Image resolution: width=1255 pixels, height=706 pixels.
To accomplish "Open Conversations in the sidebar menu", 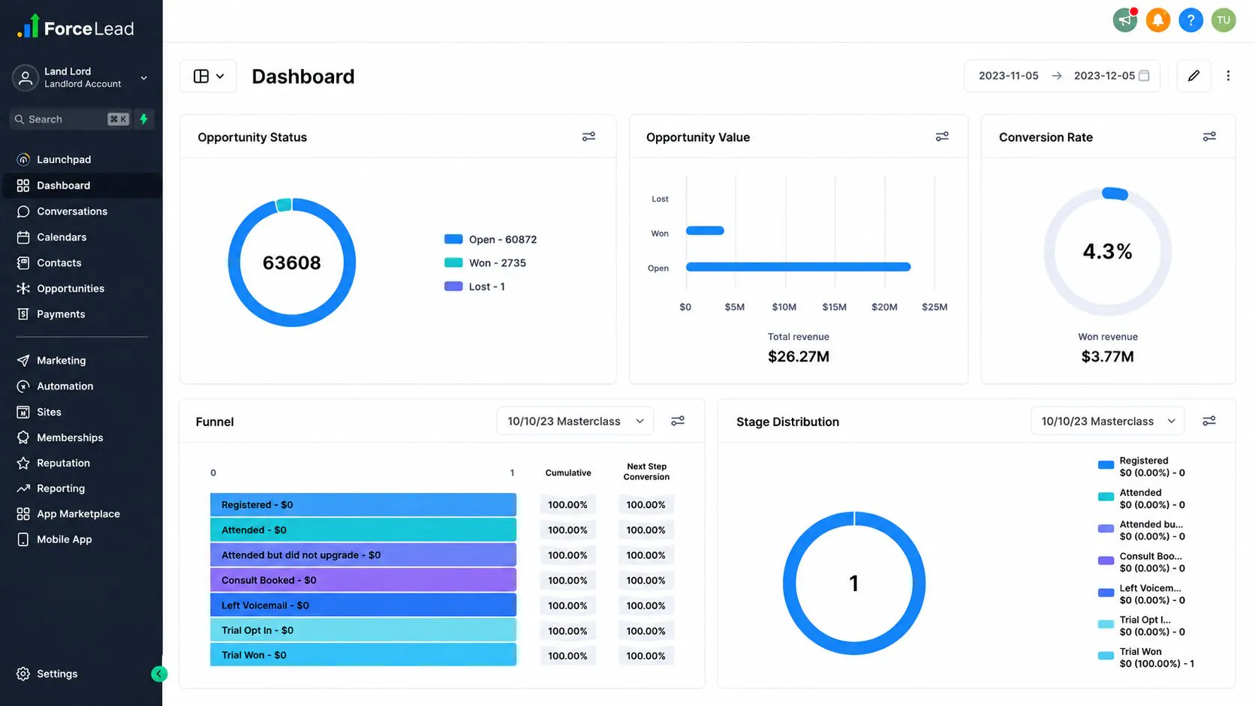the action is (x=72, y=211).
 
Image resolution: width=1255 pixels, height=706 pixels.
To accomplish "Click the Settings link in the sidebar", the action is (x=56, y=674).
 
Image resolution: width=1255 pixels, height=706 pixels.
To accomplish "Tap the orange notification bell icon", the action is (x=1157, y=20).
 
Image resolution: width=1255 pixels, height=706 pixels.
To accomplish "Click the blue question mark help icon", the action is (x=1190, y=20).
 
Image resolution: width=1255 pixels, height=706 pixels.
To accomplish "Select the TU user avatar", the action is (x=1223, y=20).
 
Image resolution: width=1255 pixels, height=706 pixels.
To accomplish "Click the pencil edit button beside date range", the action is (x=1193, y=76).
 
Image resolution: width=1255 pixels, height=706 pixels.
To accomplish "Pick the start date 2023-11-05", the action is (x=1008, y=76).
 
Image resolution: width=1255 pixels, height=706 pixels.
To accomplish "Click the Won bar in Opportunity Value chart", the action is (x=705, y=230).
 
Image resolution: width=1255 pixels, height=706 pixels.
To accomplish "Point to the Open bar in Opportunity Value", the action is (x=798, y=266).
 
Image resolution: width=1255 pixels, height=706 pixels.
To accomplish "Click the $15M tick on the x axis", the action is (x=834, y=307).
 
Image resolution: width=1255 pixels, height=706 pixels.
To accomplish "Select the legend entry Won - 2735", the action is (x=485, y=263).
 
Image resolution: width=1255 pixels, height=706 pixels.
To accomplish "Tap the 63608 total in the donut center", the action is (x=291, y=263).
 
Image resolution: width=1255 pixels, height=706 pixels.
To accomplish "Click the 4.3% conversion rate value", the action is (x=1107, y=251).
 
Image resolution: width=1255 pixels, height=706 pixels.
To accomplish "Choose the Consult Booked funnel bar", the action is (x=363, y=580).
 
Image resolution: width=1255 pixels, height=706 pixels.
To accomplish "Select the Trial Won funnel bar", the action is (x=363, y=655).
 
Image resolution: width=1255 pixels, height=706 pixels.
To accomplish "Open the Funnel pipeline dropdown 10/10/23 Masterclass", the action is (x=575, y=421).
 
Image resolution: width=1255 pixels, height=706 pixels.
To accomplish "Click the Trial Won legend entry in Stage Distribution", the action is (x=1145, y=657).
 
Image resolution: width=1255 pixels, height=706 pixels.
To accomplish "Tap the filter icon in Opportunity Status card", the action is (x=588, y=137).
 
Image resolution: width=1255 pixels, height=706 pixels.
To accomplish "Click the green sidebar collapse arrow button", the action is (x=158, y=674).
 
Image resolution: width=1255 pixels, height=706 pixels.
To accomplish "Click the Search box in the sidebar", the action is (x=71, y=119).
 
